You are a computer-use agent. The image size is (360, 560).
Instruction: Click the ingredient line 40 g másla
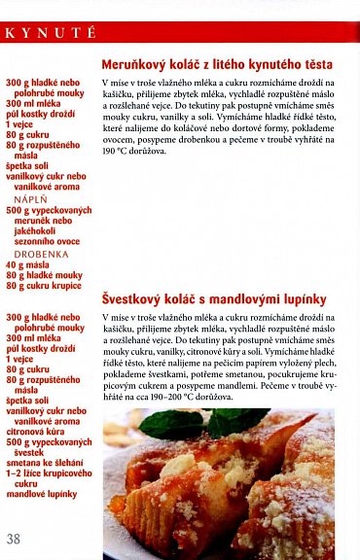26,264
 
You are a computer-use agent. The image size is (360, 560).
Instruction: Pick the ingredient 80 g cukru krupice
45,287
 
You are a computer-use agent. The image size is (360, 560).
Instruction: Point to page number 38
13,539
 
